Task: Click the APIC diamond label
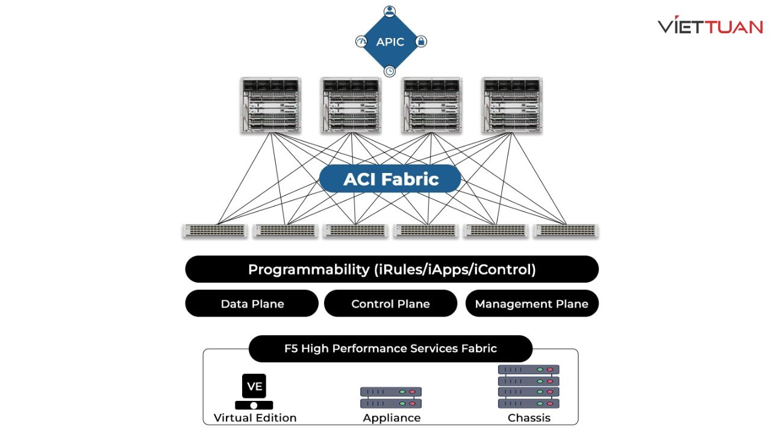pyautogui.click(x=390, y=42)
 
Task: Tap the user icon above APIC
pyautogui.click(x=390, y=11)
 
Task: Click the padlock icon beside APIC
pyautogui.click(x=421, y=42)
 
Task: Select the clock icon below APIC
pyautogui.click(x=390, y=71)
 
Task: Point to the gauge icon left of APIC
pyautogui.click(x=360, y=42)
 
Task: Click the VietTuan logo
pyautogui.click(x=710, y=27)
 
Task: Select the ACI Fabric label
pyautogui.click(x=390, y=179)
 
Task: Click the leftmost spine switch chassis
pyautogui.click(x=270, y=105)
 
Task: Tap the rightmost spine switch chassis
pyautogui.click(x=512, y=105)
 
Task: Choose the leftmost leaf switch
pyautogui.click(x=215, y=230)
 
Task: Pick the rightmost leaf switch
pyautogui.click(x=566, y=230)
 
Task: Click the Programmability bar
pyautogui.click(x=392, y=269)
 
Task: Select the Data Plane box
pyautogui.click(x=252, y=304)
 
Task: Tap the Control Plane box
pyautogui.click(x=390, y=304)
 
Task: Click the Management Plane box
pyautogui.click(x=531, y=304)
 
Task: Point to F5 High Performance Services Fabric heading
pyautogui.click(x=390, y=348)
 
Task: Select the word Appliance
pyautogui.click(x=392, y=418)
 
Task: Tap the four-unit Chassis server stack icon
pyautogui.click(x=529, y=386)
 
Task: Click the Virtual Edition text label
pyautogui.click(x=255, y=418)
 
